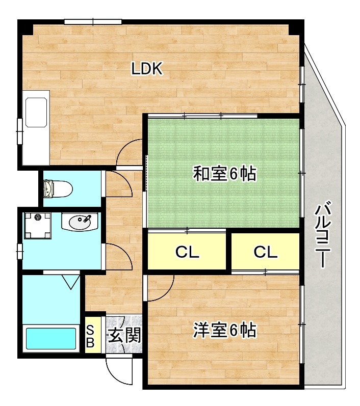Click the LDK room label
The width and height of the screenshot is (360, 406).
coord(147,69)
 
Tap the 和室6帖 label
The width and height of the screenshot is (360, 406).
coord(224,175)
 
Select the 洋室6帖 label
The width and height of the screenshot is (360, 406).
coord(224,331)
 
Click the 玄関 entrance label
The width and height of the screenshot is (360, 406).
coord(124,336)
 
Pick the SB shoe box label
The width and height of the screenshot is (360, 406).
coord(90,336)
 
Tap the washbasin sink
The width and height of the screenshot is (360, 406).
coord(80,222)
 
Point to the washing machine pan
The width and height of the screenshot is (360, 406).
coord(38,225)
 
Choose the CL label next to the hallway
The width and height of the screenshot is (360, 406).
coord(187,252)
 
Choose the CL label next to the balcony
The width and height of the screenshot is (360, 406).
coord(265,252)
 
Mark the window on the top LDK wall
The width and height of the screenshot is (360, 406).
coord(93,21)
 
